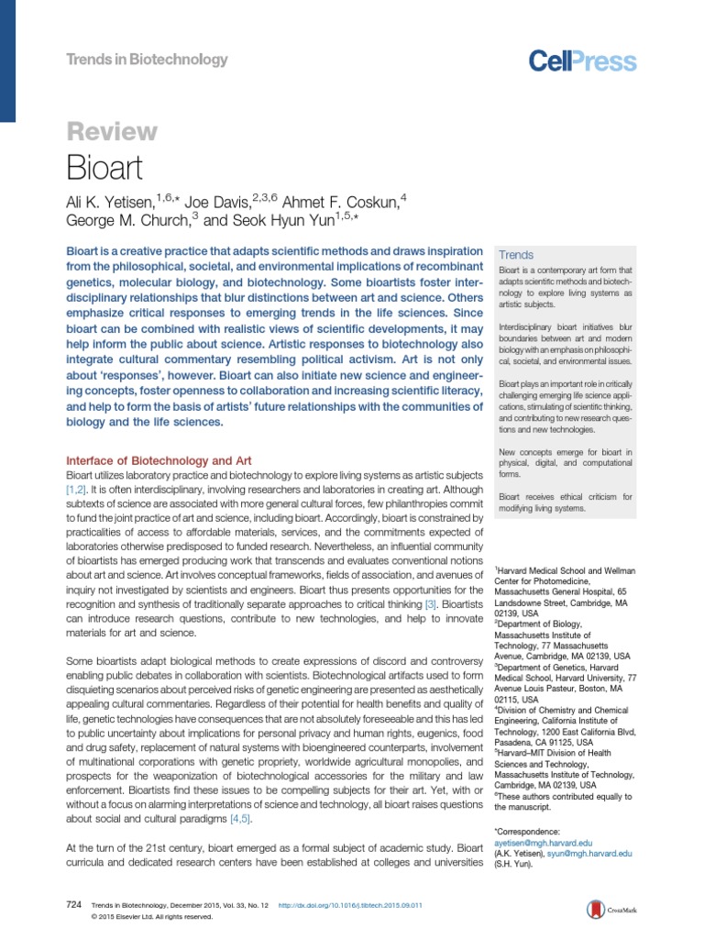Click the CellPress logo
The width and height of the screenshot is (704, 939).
coord(582,61)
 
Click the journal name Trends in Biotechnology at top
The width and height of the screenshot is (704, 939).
coord(147,60)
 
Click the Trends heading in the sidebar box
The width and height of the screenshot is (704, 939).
coord(515,254)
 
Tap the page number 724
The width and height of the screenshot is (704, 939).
coord(75,905)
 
